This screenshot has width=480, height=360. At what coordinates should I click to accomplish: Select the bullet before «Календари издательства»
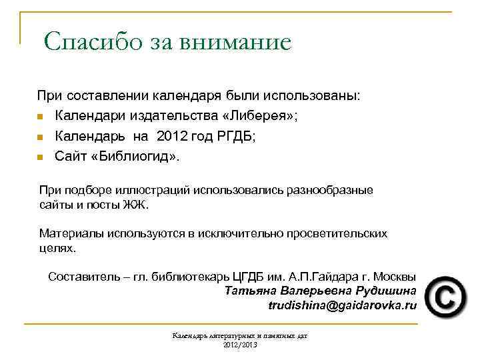pyautogui.click(x=41, y=117)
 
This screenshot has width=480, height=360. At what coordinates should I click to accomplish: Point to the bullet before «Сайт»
pyautogui.click(x=41, y=158)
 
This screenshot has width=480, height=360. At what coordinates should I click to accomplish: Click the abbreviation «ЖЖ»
pyautogui.click(x=135, y=205)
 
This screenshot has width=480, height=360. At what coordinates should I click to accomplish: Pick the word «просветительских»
pyautogui.click(x=337, y=234)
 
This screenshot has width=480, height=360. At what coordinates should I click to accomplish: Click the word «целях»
pyautogui.click(x=58, y=248)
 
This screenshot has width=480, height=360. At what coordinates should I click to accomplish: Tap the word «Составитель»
pyautogui.click(x=86, y=276)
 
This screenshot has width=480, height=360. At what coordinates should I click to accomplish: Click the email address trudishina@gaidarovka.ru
pyautogui.click(x=342, y=305)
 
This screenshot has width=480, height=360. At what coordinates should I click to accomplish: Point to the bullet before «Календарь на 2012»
pyautogui.click(x=41, y=137)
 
